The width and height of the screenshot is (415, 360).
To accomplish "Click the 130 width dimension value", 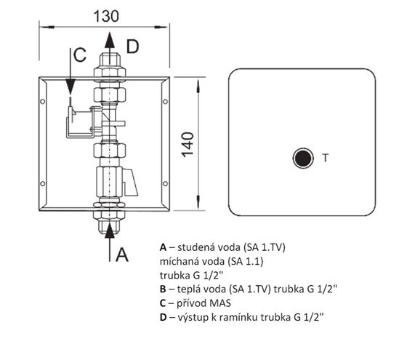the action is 106,17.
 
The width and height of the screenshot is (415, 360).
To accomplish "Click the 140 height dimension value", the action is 188,145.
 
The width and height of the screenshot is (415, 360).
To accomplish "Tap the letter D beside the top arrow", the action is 132,47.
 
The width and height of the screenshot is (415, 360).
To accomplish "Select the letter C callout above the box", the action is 80,55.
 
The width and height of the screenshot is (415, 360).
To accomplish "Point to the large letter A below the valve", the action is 122,255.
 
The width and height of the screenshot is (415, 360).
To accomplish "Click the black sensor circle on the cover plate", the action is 303,158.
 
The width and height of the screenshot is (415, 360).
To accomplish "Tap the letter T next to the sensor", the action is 326,158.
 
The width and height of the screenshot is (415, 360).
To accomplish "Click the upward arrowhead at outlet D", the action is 110,40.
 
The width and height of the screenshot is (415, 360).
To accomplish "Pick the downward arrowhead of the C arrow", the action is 70,87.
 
